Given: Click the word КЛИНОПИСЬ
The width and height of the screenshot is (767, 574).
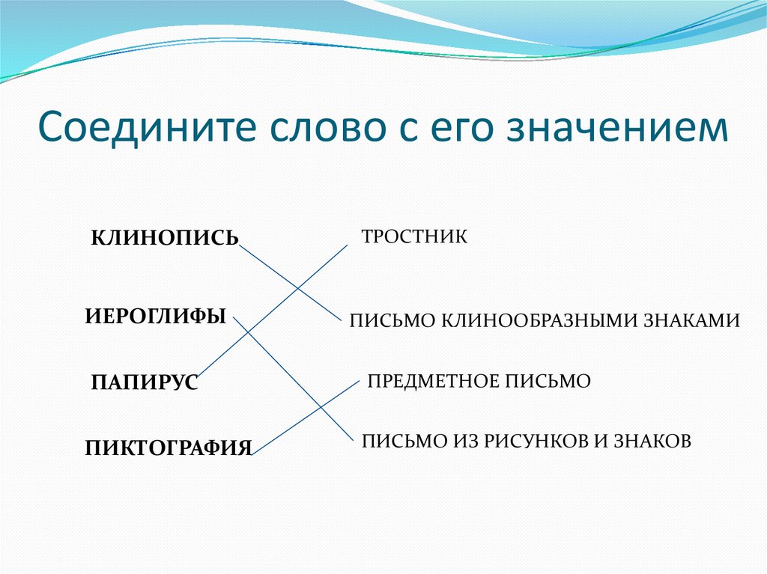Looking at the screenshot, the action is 165,238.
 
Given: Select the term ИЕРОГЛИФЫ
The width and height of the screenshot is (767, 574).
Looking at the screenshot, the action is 156,317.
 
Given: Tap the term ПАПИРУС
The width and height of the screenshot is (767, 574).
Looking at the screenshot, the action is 145,382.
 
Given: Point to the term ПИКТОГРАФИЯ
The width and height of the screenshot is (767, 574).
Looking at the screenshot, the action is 169,448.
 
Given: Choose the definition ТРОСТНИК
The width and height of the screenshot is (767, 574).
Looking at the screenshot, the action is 414,236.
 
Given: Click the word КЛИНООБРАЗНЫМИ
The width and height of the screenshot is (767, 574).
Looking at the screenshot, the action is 540,321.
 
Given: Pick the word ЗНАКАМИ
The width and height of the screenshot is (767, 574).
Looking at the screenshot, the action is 691,321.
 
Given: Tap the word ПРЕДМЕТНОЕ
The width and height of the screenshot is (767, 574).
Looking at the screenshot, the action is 433,381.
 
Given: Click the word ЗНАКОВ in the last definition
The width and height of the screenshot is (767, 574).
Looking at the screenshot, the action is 652,441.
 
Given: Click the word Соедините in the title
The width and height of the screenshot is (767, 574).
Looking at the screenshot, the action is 148,126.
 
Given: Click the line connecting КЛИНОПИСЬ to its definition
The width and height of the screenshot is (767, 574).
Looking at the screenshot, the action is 290,283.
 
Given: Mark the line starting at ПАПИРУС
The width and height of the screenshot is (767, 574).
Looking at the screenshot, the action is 272,311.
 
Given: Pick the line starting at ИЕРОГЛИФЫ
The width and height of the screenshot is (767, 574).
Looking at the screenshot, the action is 293,379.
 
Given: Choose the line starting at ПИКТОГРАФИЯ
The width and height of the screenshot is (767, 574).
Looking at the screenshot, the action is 306,418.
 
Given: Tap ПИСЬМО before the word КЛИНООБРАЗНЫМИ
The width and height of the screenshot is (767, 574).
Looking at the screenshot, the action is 393,321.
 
